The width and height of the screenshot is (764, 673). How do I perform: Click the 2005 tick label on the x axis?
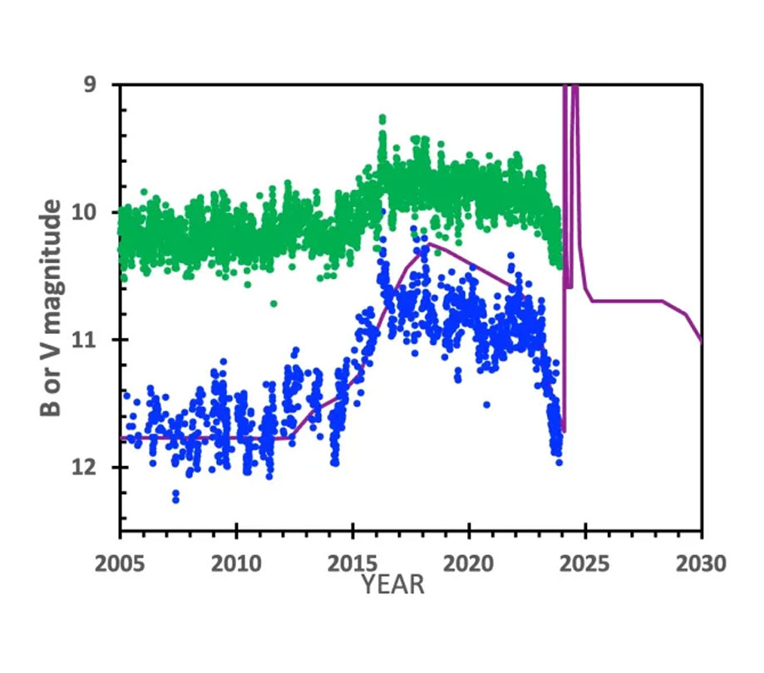(x=121, y=564)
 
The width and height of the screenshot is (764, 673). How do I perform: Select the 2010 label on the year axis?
(x=237, y=564)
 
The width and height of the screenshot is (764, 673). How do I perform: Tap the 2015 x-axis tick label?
(x=353, y=564)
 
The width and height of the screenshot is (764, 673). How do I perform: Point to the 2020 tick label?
(x=470, y=564)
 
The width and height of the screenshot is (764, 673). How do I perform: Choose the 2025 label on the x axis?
(x=586, y=564)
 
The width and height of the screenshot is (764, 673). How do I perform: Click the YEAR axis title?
(x=393, y=585)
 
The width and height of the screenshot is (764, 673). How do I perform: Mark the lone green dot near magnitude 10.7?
(x=274, y=303)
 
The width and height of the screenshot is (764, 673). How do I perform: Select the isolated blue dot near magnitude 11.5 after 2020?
(x=486, y=405)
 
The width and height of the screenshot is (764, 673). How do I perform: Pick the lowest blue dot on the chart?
(x=175, y=499)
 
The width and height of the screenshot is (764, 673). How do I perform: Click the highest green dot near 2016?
(x=382, y=118)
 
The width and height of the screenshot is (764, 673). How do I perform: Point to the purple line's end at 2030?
(x=702, y=341)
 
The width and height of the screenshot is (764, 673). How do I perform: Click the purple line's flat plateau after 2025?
(x=628, y=301)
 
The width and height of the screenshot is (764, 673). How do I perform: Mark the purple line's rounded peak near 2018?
(x=428, y=244)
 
